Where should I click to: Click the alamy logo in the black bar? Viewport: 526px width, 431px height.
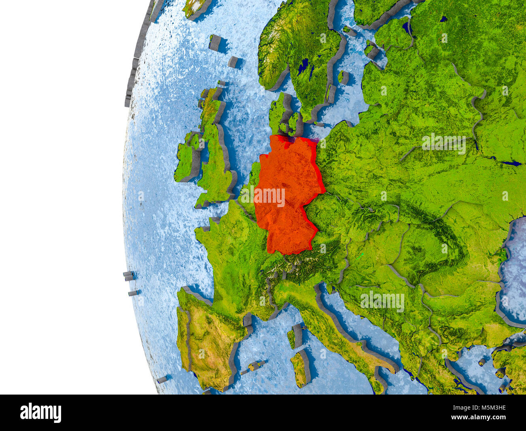coord(40,412)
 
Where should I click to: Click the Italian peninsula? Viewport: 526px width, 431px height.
coord(336,328)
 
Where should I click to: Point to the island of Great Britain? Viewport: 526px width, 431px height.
coord(214,162)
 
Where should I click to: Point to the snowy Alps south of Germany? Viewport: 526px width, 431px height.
coord(299,263)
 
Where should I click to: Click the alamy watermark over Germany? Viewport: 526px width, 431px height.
coord(269,196)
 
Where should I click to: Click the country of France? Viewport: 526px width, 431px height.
coord(231,251)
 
